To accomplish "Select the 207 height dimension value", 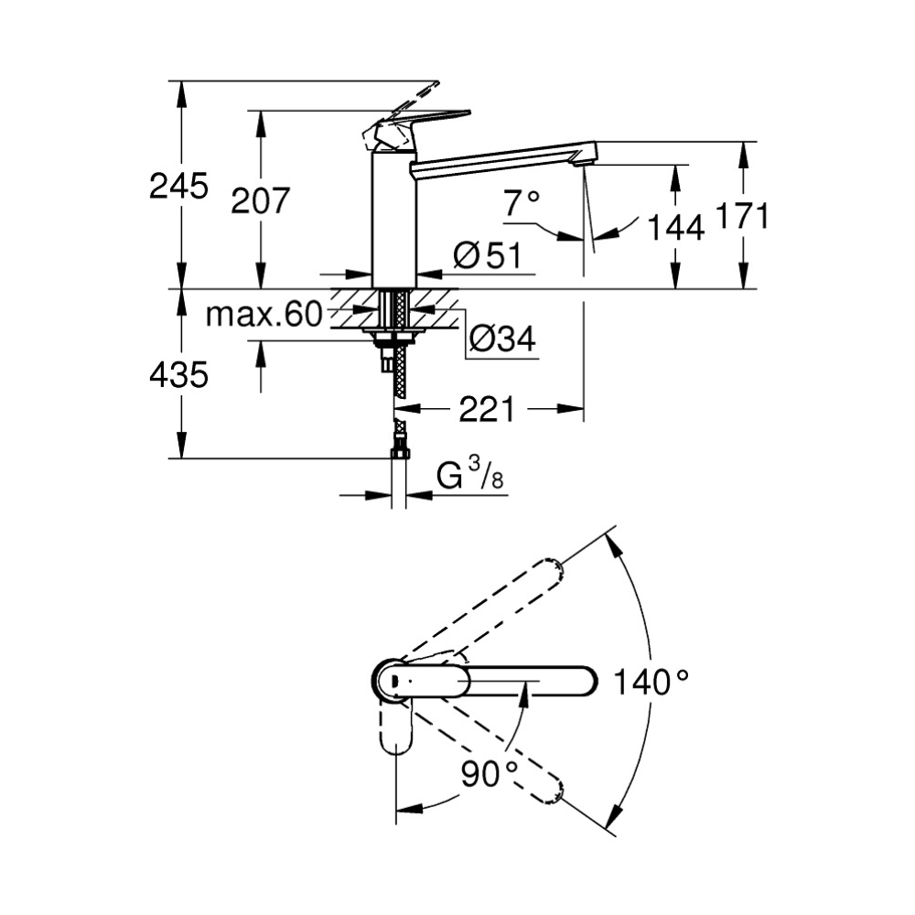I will (260, 200).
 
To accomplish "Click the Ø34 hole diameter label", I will (501, 339).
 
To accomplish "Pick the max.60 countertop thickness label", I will (264, 316).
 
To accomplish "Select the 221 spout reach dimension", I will (486, 410).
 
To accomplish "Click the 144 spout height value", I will (675, 227).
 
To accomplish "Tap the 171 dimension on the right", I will (741, 217).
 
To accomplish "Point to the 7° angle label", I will (522, 202).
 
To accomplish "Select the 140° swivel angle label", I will (651, 682).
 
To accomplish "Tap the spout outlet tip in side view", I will (582, 161).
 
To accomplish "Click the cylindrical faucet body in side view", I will (394, 220).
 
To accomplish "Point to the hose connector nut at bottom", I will (399, 450).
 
